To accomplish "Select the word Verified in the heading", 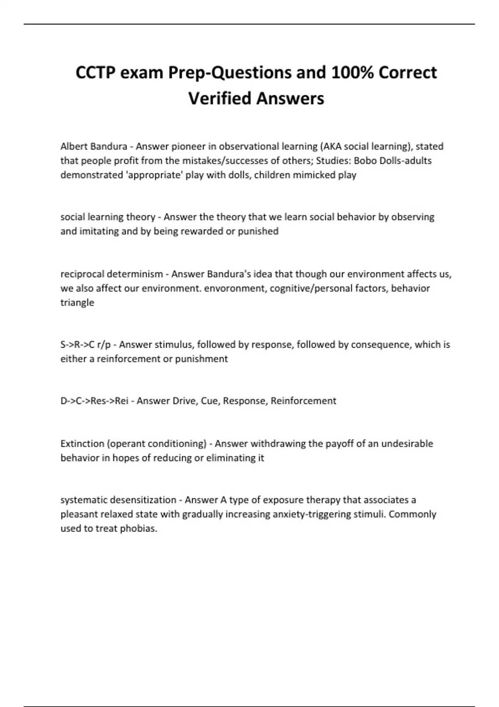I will pyautogui.click(x=220, y=99).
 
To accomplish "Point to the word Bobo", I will pyautogui.click(x=364, y=161).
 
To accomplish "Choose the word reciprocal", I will pyautogui.click(x=82, y=274).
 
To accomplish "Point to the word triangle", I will pyautogui.click(x=77, y=302).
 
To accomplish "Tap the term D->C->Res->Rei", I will pyautogui.click(x=94, y=401).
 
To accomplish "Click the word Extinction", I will pyautogui.click(x=82, y=444).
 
